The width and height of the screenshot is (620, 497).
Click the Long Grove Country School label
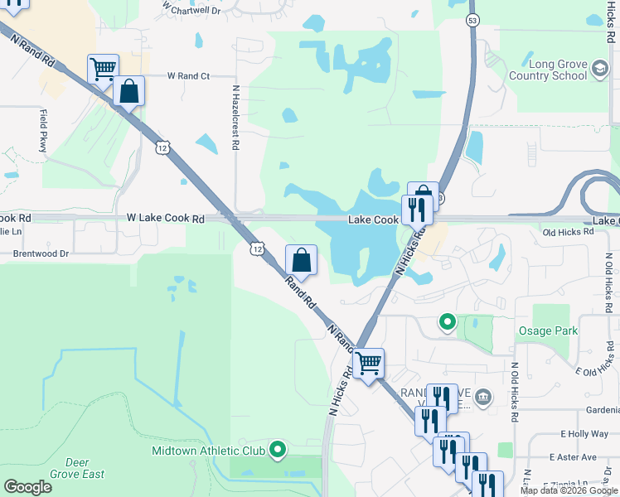pyautogui.click(x=547, y=70)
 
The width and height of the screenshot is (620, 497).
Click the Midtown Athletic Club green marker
pyautogui.click(x=278, y=451)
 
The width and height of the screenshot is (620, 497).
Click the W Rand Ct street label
pyautogui.click(x=188, y=75)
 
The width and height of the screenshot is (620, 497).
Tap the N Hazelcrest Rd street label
pyautogui.click(x=235, y=117)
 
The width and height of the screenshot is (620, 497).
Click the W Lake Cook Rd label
pyautogui.click(x=165, y=219)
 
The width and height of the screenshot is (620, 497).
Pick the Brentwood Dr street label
pyautogui.click(x=41, y=253)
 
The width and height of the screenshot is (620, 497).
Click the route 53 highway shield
pyautogui.click(x=472, y=19)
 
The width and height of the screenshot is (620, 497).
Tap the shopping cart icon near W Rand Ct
pyautogui.click(x=103, y=69)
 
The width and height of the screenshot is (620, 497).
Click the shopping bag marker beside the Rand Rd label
pyautogui.click(x=302, y=260)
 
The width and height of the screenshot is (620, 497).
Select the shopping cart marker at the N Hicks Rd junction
pyautogui.click(x=369, y=362)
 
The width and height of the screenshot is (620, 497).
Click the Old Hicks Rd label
pyautogui.click(x=569, y=232)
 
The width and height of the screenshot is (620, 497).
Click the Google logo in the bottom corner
pyautogui.click(x=28, y=486)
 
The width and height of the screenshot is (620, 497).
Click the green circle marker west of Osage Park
pyautogui.click(x=447, y=321)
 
